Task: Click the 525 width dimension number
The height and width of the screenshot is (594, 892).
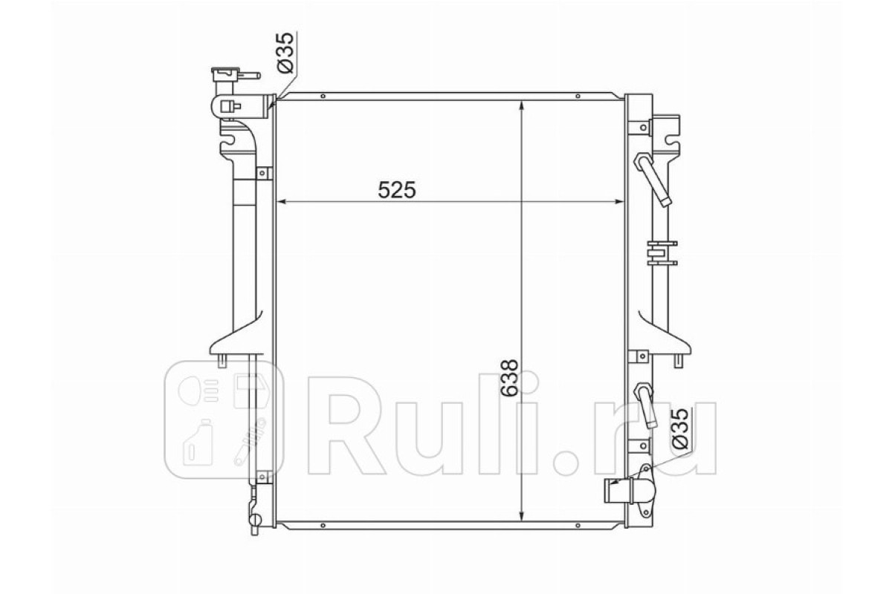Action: click(x=397, y=190)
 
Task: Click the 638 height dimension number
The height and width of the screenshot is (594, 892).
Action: click(x=509, y=378)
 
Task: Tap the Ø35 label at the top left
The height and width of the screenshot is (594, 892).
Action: click(x=285, y=53)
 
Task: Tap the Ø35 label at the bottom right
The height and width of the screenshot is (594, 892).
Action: click(x=679, y=428)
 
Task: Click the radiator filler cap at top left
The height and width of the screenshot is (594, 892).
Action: click(x=236, y=74)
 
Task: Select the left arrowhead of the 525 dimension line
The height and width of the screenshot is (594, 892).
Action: click(x=281, y=202)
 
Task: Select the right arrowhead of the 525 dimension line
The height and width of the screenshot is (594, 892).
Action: click(x=618, y=202)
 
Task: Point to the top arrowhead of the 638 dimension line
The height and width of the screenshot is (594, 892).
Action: click(x=521, y=106)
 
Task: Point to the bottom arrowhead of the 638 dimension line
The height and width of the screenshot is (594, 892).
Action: click(x=521, y=515)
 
